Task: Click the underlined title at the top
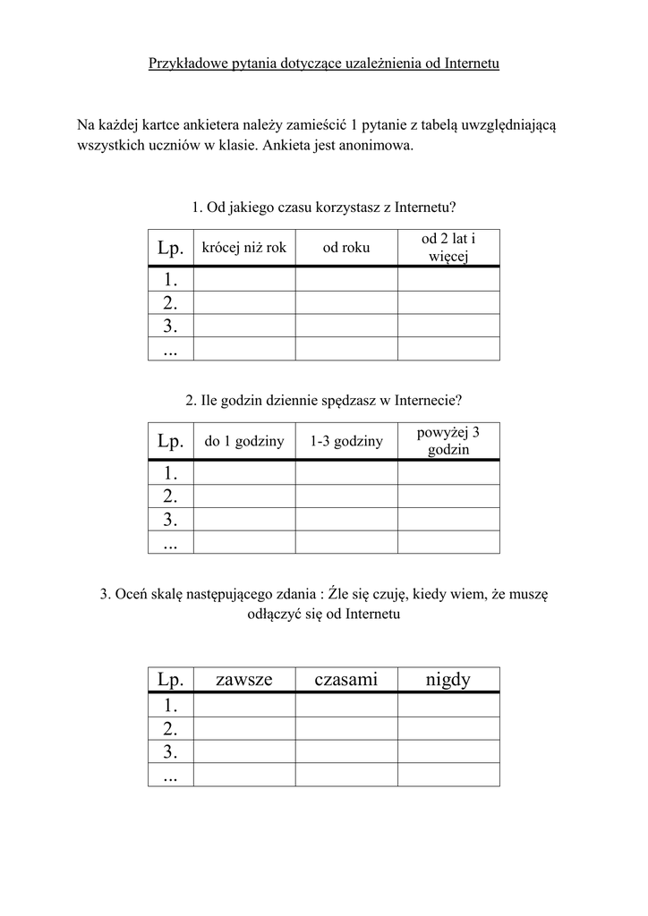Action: (x=323, y=64)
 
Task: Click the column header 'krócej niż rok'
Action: (x=244, y=248)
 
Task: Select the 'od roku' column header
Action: (x=346, y=248)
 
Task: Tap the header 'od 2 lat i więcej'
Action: (x=448, y=248)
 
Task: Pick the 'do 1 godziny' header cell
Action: (x=244, y=441)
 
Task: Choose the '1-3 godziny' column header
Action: (x=346, y=441)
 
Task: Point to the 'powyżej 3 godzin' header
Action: (x=448, y=441)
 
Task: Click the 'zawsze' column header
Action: (x=244, y=680)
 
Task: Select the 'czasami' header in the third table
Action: (x=346, y=680)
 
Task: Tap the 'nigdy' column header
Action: (x=448, y=680)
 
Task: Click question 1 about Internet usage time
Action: (x=323, y=208)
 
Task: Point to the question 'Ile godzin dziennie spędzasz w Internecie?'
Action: (x=323, y=401)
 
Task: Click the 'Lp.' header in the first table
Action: (x=170, y=248)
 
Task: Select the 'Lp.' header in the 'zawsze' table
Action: (x=170, y=680)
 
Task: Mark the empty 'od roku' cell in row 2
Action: (x=346, y=302)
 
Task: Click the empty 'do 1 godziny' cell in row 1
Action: (x=244, y=471)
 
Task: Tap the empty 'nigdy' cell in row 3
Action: (x=448, y=751)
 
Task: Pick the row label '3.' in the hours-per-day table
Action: (x=170, y=519)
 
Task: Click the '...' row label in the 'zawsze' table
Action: (x=170, y=775)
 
